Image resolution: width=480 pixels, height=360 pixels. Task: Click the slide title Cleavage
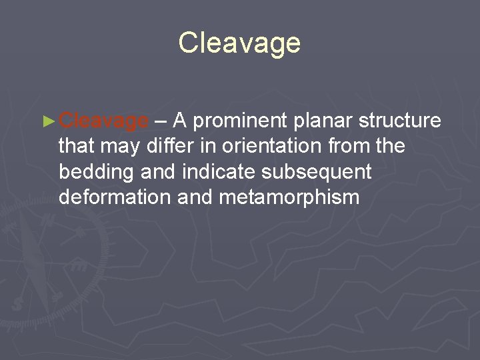(239, 43)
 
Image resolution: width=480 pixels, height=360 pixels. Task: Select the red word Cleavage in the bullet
(103, 121)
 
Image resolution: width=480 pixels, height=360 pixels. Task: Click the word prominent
(241, 121)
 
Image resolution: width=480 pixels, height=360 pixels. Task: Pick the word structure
(400, 121)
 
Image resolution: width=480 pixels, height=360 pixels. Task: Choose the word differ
(170, 146)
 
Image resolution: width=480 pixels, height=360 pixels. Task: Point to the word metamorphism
(293, 198)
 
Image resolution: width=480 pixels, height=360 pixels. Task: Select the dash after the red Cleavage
(161, 121)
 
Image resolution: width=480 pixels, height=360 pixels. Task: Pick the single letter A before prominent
(180, 121)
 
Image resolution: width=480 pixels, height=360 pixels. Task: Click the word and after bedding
(157, 171)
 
